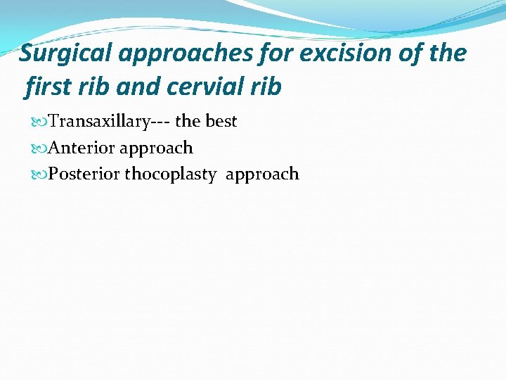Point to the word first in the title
click(x=45, y=87)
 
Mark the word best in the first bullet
click(x=221, y=121)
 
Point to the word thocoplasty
click(x=171, y=175)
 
